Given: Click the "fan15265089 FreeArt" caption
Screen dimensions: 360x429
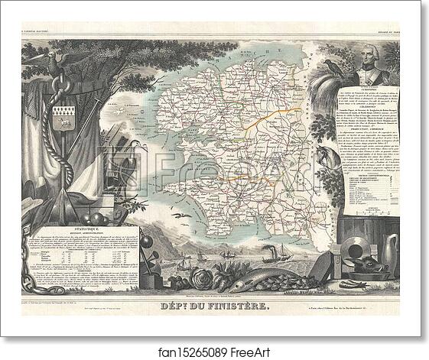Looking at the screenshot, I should pyautogui.click(x=214, y=349).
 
